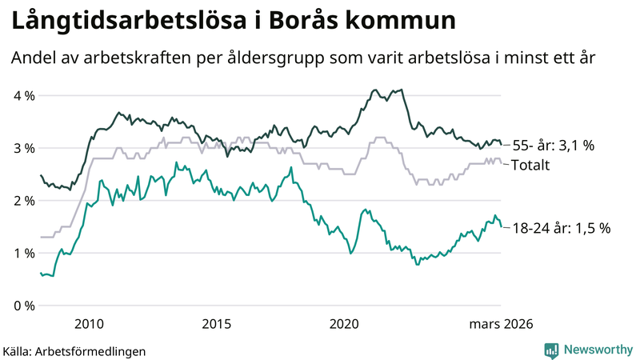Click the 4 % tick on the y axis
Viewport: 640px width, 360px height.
point(23,96)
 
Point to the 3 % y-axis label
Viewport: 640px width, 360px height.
point(23,149)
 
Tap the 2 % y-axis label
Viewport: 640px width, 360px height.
point(23,201)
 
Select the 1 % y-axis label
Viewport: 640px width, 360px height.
point(23,254)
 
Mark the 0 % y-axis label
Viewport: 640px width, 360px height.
point(23,306)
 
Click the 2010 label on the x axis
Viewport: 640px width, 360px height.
point(89,324)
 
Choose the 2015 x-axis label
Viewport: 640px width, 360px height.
point(217,324)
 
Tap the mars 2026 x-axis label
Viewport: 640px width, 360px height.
point(500,324)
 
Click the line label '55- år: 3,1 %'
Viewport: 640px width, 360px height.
point(554,146)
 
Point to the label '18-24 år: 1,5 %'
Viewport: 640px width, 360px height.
point(560,228)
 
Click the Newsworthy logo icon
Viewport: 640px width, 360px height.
point(551,350)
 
